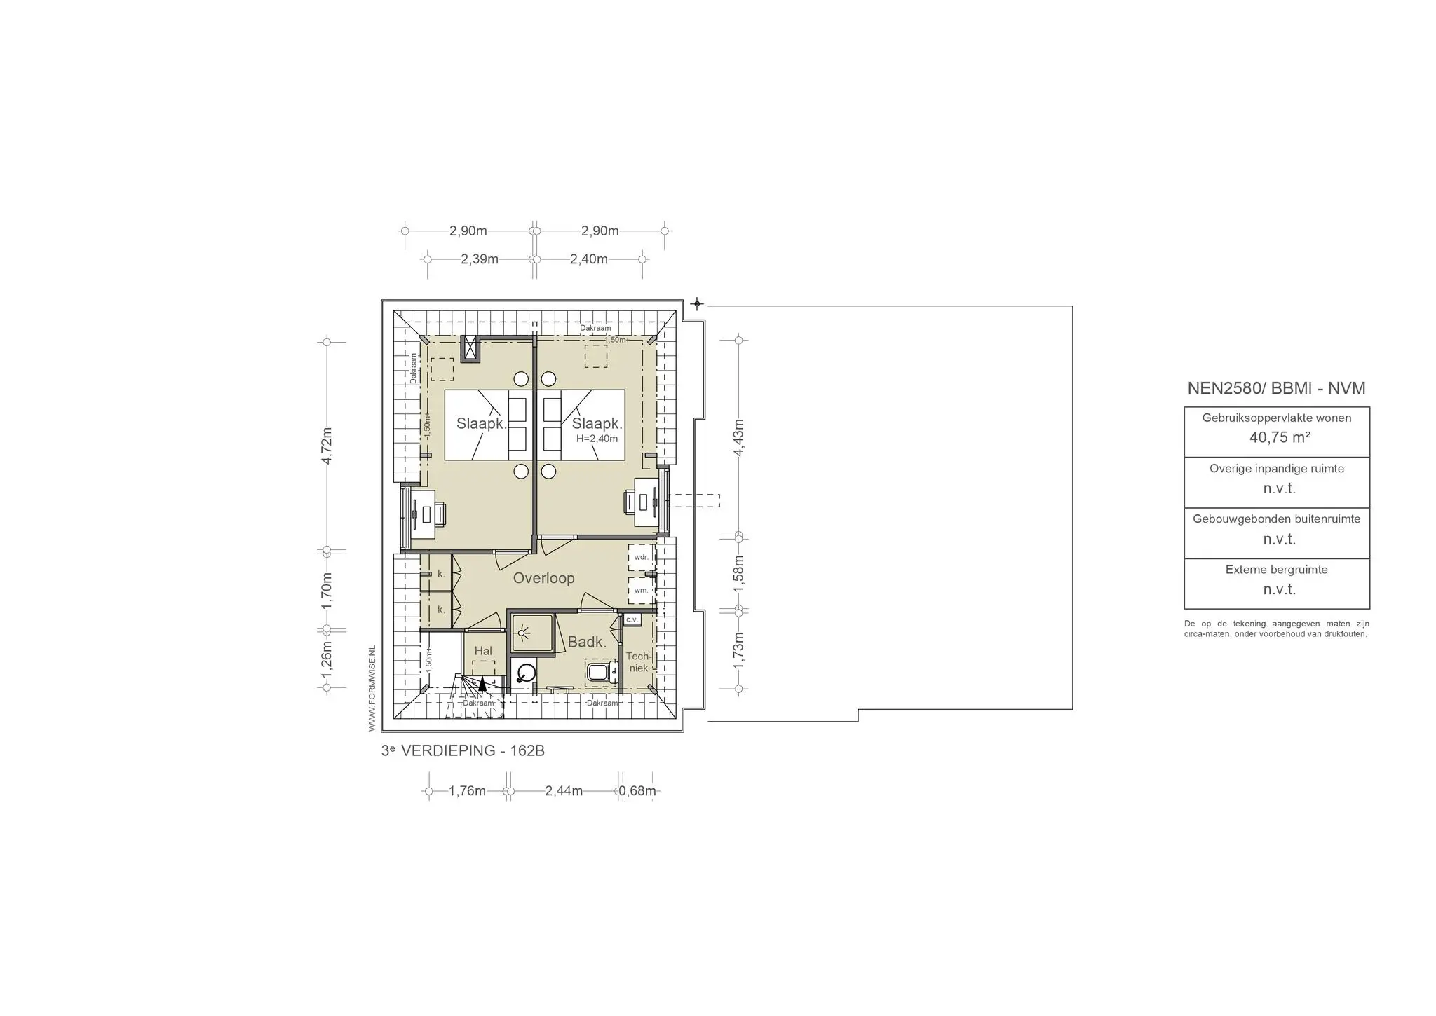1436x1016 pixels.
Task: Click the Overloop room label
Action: pyautogui.click(x=543, y=578)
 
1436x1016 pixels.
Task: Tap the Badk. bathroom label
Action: pyautogui.click(x=587, y=642)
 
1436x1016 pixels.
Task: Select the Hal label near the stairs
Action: pyautogui.click(x=483, y=651)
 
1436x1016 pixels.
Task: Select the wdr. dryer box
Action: pyautogui.click(x=641, y=558)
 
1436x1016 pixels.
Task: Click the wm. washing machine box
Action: pyautogui.click(x=641, y=591)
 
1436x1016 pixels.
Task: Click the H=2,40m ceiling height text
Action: pyautogui.click(x=597, y=439)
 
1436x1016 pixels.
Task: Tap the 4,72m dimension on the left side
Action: pyautogui.click(x=327, y=445)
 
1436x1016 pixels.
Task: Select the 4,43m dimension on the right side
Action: pyautogui.click(x=738, y=437)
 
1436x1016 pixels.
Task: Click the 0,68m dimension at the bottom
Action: pyautogui.click(x=637, y=791)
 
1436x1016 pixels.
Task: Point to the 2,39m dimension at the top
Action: pyautogui.click(x=480, y=259)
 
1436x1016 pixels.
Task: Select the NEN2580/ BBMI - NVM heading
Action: pyautogui.click(x=1276, y=389)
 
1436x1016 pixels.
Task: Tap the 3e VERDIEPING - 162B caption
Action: pyautogui.click(x=463, y=751)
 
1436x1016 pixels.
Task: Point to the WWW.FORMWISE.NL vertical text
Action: pyautogui.click(x=372, y=689)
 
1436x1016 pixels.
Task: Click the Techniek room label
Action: pyautogui.click(x=638, y=662)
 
